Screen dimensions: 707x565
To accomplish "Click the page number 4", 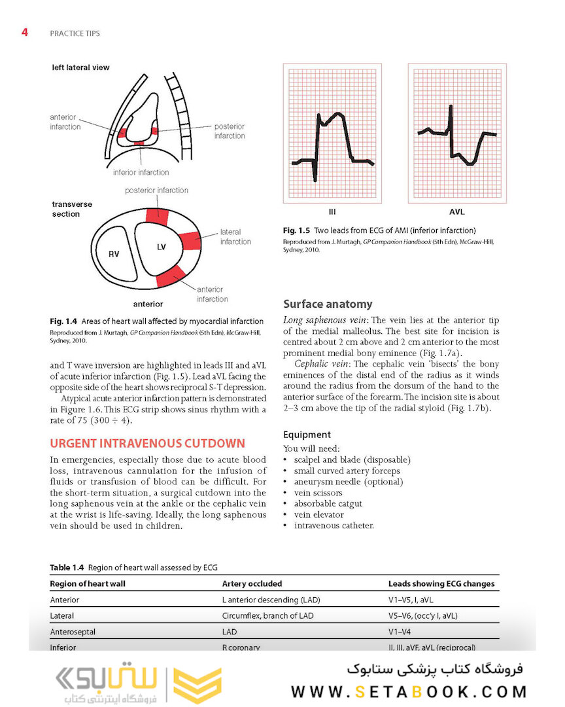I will (x=24, y=32).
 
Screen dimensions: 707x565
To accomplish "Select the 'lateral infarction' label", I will (x=235, y=236).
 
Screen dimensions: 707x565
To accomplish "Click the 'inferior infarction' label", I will (x=141, y=173).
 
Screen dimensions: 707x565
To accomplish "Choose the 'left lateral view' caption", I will (x=81, y=67).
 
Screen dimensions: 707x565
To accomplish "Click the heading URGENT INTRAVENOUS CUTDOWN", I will (x=148, y=443).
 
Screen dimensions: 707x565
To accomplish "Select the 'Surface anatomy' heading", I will (x=328, y=304).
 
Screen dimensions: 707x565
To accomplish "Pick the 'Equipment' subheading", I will (x=307, y=435).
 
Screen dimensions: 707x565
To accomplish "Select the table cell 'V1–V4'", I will (x=400, y=632).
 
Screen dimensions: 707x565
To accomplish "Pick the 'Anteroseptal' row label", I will (x=72, y=632).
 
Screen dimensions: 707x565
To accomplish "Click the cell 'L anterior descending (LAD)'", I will (x=271, y=599).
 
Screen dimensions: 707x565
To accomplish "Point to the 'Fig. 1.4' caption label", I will (x=63, y=321).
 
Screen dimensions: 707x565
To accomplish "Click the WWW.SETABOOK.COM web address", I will (x=409, y=692).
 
